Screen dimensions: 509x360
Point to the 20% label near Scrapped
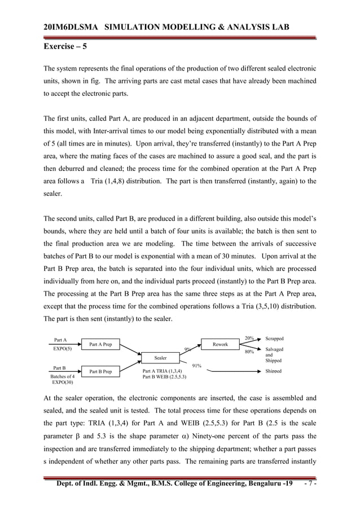(x=249, y=339)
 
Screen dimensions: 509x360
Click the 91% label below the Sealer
(x=197, y=366)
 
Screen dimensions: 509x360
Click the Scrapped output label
(x=274, y=339)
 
